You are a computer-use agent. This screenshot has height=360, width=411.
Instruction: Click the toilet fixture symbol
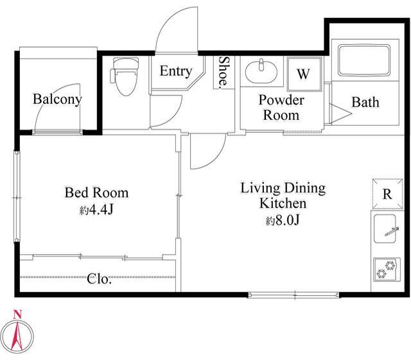click(x=125, y=76)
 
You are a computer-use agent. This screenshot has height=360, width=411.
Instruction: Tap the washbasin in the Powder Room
click(x=261, y=71)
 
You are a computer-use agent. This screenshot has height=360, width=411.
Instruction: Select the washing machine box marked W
click(x=304, y=74)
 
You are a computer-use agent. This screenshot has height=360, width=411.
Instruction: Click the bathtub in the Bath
click(x=364, y=60)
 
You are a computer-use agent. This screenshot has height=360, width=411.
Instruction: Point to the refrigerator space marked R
click(x=387, y=194)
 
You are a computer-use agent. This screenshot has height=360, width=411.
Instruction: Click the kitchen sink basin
click(x=385, y=228)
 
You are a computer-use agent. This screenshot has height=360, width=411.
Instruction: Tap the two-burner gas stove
click(x=387, y=270)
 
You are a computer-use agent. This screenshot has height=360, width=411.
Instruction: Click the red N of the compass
click(x=17, y=314)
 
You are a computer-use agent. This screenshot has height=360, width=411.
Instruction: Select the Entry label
click(x=176, y=71)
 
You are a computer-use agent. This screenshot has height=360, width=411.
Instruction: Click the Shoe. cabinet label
click(x=223, y=71)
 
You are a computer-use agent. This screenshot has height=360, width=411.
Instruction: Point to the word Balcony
click(x=57, y=99)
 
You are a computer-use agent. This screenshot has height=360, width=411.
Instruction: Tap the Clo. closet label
click(x=99, y=279)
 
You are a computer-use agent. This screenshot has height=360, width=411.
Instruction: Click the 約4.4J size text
click(x=96, y=210)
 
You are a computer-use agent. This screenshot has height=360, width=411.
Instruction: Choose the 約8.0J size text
click(x=283, y=220)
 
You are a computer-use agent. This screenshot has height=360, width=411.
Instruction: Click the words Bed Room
click(x=96, y=193)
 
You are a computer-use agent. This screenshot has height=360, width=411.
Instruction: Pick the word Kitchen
click(x=283, y=203)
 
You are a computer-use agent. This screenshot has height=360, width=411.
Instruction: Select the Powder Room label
click(x=281, y=107)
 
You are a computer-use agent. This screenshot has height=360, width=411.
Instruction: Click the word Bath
click(x=365, y=102)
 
